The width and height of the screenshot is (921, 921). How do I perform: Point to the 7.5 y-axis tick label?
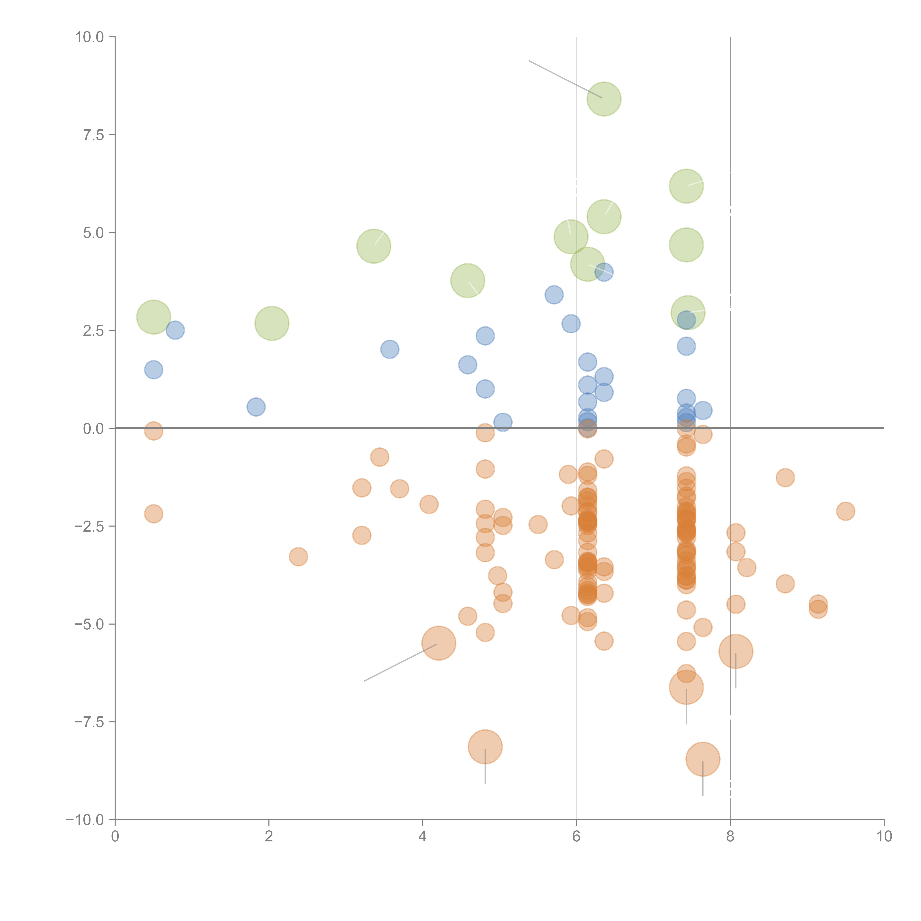[93, 135]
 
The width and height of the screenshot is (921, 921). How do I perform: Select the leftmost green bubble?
[153, 317]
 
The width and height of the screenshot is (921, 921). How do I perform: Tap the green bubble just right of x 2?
[272, 323]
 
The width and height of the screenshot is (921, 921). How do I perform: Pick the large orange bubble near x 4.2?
[439, 643]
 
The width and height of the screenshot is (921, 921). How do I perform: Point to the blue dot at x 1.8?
[256, 407]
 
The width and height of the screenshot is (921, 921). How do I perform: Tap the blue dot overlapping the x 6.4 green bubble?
[604, 272]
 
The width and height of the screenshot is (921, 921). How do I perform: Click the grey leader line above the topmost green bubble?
[565, 79]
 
